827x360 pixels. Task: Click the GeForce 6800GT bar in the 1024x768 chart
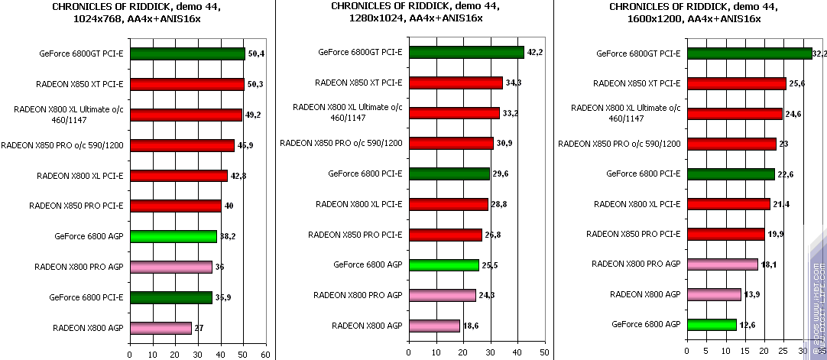187,54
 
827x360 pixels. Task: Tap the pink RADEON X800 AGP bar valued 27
161,327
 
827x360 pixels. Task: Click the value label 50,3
256,84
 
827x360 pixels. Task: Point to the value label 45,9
246,145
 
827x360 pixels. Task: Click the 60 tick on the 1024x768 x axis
265,355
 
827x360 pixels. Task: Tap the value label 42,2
535,52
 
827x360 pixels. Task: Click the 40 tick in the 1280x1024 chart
516,353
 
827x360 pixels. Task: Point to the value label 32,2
819,54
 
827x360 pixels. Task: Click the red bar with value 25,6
736,83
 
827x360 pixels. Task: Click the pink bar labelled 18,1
722,264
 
